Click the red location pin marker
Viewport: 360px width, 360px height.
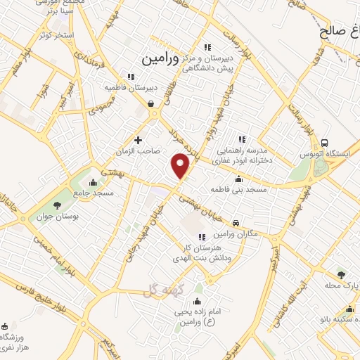pos(181,165)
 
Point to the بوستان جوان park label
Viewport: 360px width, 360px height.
pos(44,217)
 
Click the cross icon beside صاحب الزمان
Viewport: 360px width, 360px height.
pos(138,140)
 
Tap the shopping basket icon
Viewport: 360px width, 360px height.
pos(151,103)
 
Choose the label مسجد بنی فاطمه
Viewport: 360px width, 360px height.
pos(238,190)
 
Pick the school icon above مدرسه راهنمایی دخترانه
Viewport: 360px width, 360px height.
pos(242,139)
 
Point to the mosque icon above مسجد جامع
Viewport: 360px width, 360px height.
pos(93,182)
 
